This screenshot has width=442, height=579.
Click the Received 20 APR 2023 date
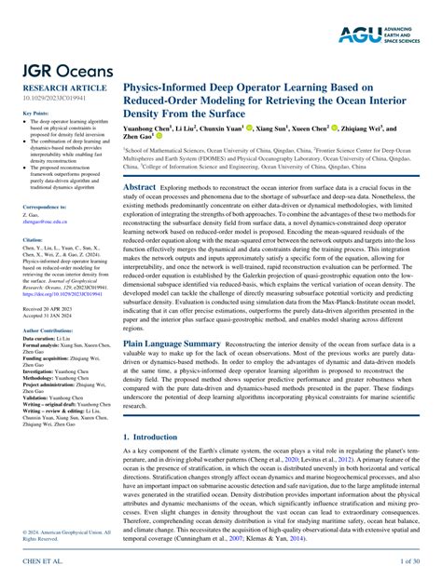[x=46, y=306]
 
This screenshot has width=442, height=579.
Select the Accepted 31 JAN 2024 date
[x=46, y=315]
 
